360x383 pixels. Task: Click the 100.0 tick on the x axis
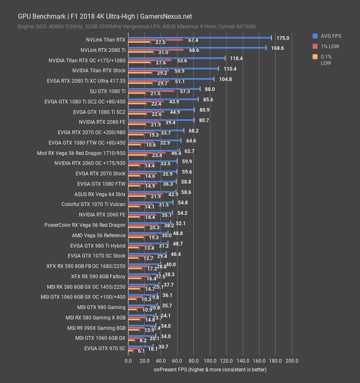pyautogui.click(x=210, y=361)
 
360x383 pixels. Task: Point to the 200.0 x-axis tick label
pyautogui.click(x=292, y=361)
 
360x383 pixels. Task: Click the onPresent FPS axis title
pyautogui.click(x=210, y=369)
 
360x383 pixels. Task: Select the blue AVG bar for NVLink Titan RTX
pyautogui.click(x=200, y=37)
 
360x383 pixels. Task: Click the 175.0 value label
pyautogui.click(x=283, y=38)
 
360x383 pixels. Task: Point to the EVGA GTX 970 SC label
pyautogui.click(x=105, y=348)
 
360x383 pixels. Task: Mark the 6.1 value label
pyautogui.click(x=141, y=351)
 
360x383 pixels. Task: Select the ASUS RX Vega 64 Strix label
pyautogui.click(x=100, y=194)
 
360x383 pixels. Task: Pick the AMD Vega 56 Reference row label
pyautogui.click(x=99, y=235)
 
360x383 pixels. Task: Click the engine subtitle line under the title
pyautogui.click(x=136, y=27)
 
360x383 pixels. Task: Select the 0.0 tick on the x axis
pyautogui.click(x=128, y=361)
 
